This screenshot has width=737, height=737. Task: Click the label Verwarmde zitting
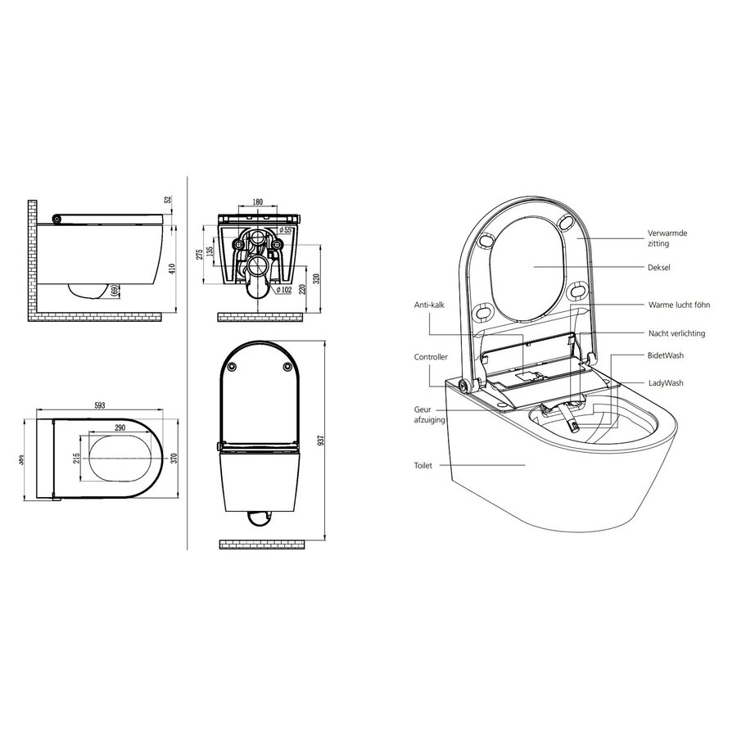(667, 238)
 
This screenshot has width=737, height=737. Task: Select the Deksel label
(659, 266)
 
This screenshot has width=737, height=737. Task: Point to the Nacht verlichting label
(677, 334)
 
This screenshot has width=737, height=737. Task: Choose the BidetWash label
(664, 356)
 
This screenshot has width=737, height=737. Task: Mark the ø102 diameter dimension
(283, 289)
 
